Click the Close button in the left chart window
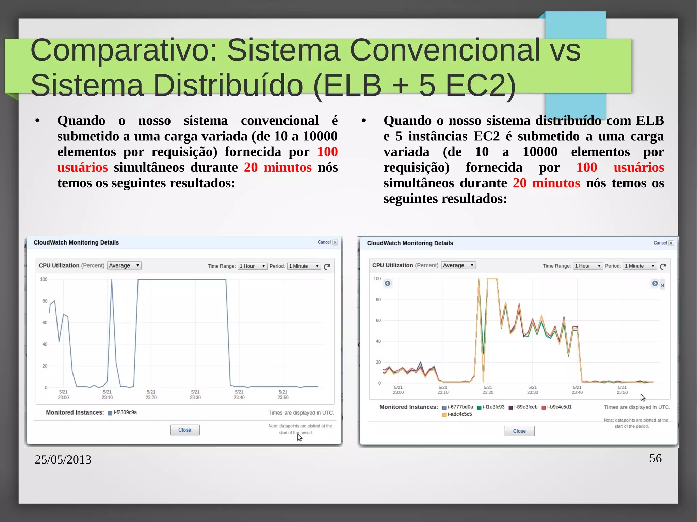click(184, 430)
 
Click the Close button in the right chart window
click(519, 431)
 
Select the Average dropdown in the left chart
click(124, 265)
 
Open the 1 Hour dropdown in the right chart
click(587, 266)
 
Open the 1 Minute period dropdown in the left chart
click(304, 266)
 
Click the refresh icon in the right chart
click(663, 266)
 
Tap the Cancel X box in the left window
click(335, 242)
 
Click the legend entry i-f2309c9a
click(125, 412)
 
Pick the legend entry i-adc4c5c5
click(459, 414)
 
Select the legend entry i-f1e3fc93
click(493, 407)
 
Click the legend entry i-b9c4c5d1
click(558, 407)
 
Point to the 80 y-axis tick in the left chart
click(45, 301)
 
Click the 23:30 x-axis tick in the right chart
click(532, 390)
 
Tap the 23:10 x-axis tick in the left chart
click(107, 394)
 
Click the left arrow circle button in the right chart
click(387, 283)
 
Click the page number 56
click(655, 458)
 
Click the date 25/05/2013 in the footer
click(63, 459)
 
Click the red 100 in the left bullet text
click(327, 152)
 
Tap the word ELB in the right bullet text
click(650, 120)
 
